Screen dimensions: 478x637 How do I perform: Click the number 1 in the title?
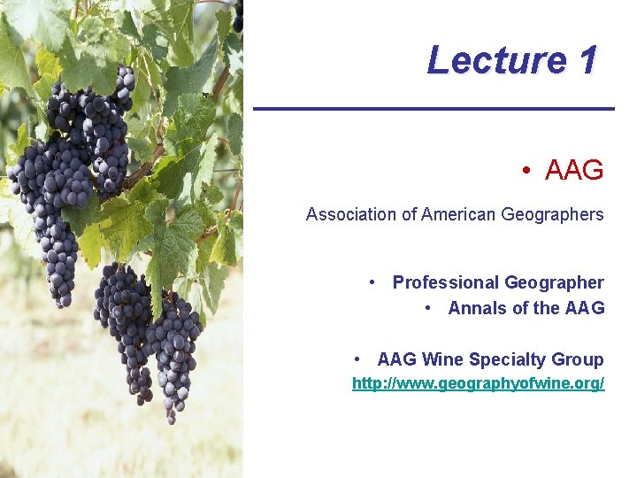(587, 61)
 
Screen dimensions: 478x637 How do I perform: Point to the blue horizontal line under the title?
(434, 108)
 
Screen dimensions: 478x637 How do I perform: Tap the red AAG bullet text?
(574, 171)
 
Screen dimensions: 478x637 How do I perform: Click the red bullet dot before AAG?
(526, 171)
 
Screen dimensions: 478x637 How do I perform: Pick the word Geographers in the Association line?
(554, 215)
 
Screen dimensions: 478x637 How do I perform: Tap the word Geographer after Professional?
(554, 283)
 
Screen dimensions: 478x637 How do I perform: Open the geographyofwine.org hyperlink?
(478, 384)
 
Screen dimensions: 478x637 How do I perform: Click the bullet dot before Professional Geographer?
(374, 281)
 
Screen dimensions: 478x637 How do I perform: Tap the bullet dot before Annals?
(428, 307)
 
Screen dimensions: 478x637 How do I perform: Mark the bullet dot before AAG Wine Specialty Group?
(357, 358)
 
